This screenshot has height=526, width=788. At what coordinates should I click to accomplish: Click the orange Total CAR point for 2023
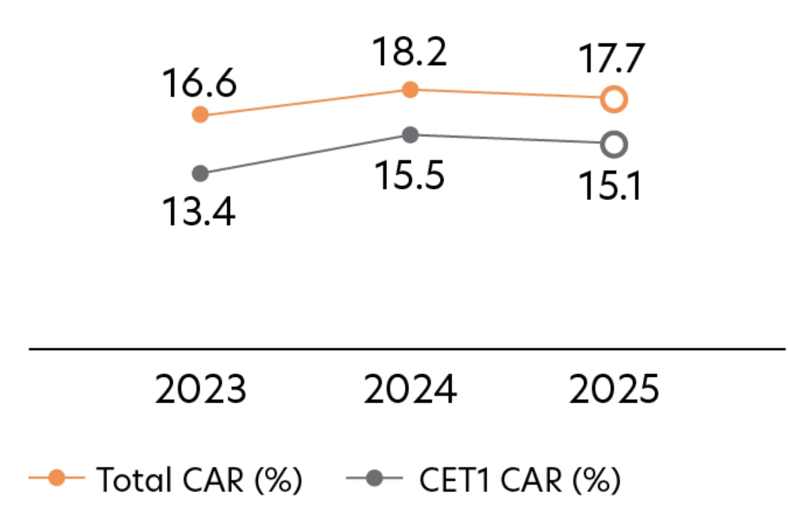(200, 115)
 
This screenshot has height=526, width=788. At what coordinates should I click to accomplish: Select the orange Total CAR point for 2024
(410, 89)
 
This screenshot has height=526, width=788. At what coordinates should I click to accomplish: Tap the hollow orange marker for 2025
(614, 100)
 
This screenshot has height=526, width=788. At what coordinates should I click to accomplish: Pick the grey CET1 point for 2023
(200, 174)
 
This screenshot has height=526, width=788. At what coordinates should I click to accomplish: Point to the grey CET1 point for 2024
(410, 135)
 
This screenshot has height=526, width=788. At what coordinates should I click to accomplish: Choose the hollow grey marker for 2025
(614, 144)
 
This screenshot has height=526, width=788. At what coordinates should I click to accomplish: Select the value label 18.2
(410, 52)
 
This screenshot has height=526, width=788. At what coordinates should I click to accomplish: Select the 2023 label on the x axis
(200, 390)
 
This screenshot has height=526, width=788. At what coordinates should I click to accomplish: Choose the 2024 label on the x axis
(410, 390)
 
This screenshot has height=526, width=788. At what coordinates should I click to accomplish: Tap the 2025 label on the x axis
(614, 390)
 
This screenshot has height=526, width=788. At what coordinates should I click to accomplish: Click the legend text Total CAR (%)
(199, 480)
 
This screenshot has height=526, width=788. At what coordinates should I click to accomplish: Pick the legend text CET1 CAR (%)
(519, 480)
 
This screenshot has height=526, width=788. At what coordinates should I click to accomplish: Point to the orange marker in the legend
(57, 479)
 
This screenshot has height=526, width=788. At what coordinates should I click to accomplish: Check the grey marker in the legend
(374, 479)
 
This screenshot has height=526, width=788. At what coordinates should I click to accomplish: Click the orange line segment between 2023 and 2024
(305, 102)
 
